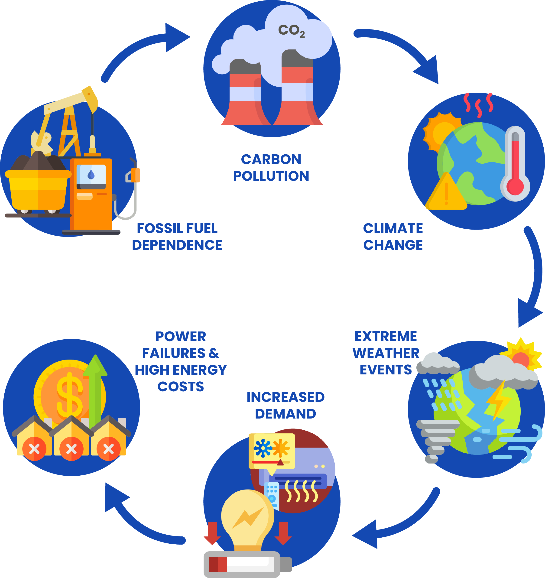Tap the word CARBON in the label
point(271,159)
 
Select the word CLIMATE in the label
point(393,228)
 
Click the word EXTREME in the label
point(386,336)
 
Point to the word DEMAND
point(285,414)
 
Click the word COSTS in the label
point(181,386)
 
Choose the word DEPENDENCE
point(177,245)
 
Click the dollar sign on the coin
point(69,395)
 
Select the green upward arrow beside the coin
point(95,387)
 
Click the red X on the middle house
point(71,449)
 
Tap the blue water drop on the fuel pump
point(91,175)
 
